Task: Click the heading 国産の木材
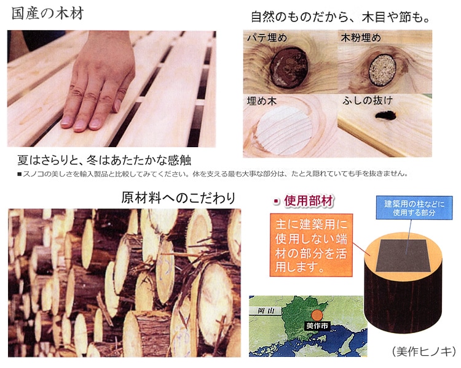[47, 13]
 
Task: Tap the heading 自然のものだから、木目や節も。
[340, 17]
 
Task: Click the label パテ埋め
[267, 37]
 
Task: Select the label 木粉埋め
[361, 37]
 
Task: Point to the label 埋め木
[262, 101]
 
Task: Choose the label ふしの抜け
[368, 101]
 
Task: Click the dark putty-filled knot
[289, 68]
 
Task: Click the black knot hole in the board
[385, 115]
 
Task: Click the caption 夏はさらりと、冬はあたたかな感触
[104, 160]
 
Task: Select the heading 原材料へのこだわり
[178, 197]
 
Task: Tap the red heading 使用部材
[309, 201]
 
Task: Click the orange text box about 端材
[311, 245]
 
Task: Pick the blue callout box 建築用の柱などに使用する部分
[414, 208]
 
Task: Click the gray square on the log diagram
[404, 256]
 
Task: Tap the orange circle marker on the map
[317, 315]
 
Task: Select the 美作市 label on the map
[317, 326]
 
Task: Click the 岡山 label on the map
[265, 311]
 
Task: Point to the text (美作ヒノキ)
[424, 351]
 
